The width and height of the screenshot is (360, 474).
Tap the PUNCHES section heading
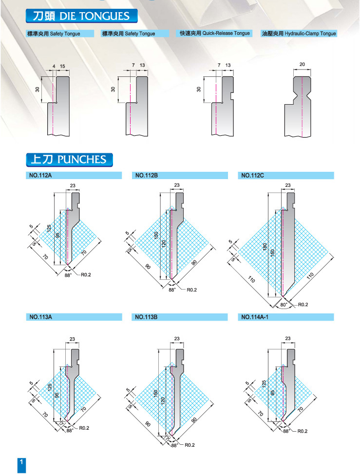pos(69,159)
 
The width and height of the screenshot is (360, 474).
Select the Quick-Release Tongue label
pos(214,33)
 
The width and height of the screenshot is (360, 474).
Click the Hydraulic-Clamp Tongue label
pos(299,34)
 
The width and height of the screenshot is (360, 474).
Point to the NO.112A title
pos(40,175)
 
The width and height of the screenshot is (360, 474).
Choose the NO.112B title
pos(147,175)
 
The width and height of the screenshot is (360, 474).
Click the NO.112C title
pos(253,175)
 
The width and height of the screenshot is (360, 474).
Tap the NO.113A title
pos(40,317)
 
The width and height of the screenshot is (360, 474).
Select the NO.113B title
pos(146,317)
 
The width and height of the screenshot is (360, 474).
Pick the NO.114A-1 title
pos(255,317)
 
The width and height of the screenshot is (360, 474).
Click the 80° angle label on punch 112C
pos(284,305)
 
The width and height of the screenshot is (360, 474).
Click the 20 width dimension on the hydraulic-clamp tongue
pos(302,64)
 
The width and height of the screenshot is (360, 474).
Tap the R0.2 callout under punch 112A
pos(86,274)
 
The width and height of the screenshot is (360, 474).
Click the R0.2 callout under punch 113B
pos(189,445)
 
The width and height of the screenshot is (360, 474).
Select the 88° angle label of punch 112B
pos(172,290)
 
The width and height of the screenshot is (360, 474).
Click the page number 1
pos(21,462)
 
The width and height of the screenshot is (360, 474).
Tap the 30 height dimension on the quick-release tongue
pos(199,89)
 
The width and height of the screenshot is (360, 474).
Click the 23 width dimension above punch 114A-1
pos(288,339)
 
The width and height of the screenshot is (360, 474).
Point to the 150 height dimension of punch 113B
pos(156,393)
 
